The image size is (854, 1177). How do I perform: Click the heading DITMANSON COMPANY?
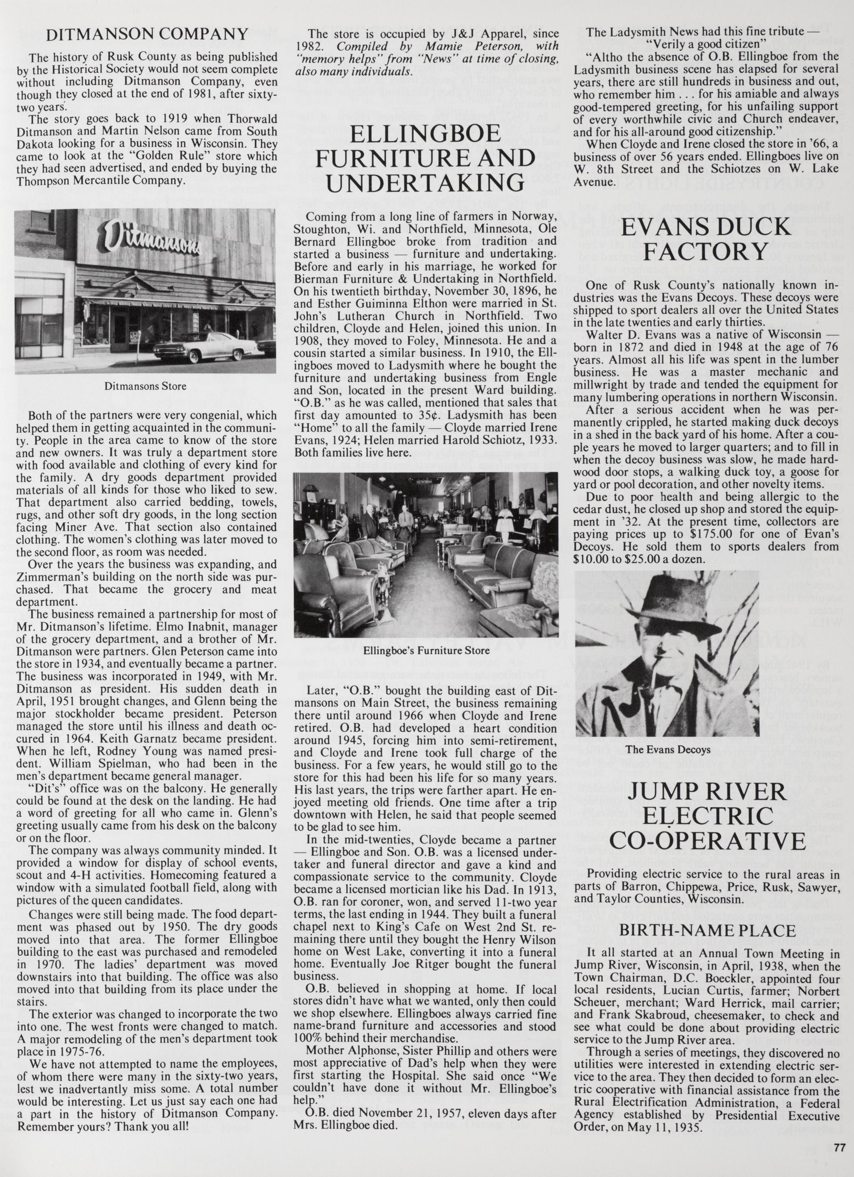click(147, 35)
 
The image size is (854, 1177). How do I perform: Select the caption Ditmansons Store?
click(145, 387)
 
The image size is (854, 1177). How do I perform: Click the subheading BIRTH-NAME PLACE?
click(707, 930)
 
